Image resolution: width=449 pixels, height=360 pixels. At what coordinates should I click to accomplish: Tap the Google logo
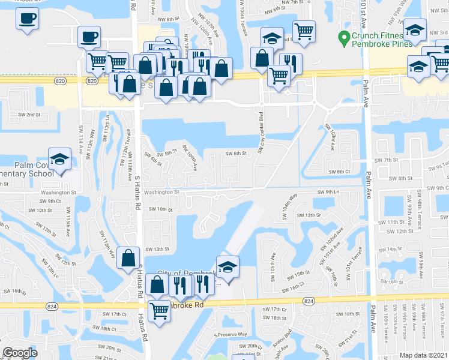[20, 353]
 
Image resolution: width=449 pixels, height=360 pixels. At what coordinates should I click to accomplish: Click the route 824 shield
[309, 301]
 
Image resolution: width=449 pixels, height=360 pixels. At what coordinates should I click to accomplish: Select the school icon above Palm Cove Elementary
[59, 160]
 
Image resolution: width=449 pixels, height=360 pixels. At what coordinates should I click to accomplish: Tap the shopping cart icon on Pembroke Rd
[159, 310]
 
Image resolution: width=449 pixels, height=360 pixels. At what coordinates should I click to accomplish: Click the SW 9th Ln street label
[328, 192]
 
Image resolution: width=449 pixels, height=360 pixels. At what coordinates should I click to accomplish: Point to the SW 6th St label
[237, 154]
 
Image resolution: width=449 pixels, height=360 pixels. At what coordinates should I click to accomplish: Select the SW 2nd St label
[29, 114]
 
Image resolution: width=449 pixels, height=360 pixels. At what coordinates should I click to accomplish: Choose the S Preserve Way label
[231, 334]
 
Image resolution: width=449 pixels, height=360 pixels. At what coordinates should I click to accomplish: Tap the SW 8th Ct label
[340, 172]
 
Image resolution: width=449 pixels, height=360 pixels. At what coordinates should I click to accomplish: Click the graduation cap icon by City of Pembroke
[228, 267]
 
